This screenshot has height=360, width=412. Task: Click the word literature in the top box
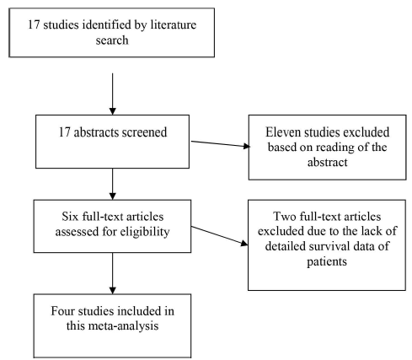point(174,24)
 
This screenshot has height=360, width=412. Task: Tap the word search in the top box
point(112,40)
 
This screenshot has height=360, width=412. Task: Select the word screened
point(144,132)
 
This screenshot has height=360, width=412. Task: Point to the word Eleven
point(282,132)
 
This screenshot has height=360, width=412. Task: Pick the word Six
point(70,217)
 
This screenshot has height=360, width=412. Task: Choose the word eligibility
point(145,232)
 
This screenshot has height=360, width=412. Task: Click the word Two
point(285,217)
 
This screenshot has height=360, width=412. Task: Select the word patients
point(327,262)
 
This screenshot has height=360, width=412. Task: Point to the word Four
point(62,311)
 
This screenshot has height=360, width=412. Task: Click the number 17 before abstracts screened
point(65,132)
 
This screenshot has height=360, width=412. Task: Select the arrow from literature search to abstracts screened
point(113,94)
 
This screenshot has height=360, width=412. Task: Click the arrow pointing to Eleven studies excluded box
point(221,144)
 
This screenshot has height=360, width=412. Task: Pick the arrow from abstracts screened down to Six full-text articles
point(113,184)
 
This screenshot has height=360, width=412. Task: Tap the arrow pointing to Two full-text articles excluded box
point(219,236)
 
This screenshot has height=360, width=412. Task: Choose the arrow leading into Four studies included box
point(113,273)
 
